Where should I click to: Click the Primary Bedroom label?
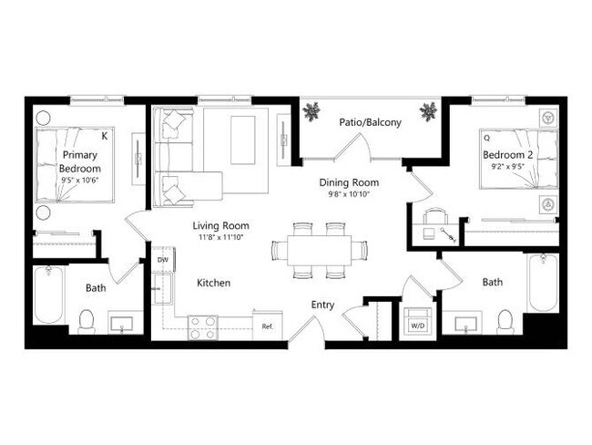[79, 163]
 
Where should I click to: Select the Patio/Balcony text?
[370, 121]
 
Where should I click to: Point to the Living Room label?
[220, 225]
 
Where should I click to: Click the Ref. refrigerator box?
[268, 326]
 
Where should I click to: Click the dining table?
[311, 249]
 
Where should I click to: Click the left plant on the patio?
[312, 112]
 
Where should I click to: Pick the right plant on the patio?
[427, 112]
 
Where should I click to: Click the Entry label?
[322, 305]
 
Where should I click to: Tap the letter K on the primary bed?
[105, 136]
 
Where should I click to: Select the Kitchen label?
[214, 283]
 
